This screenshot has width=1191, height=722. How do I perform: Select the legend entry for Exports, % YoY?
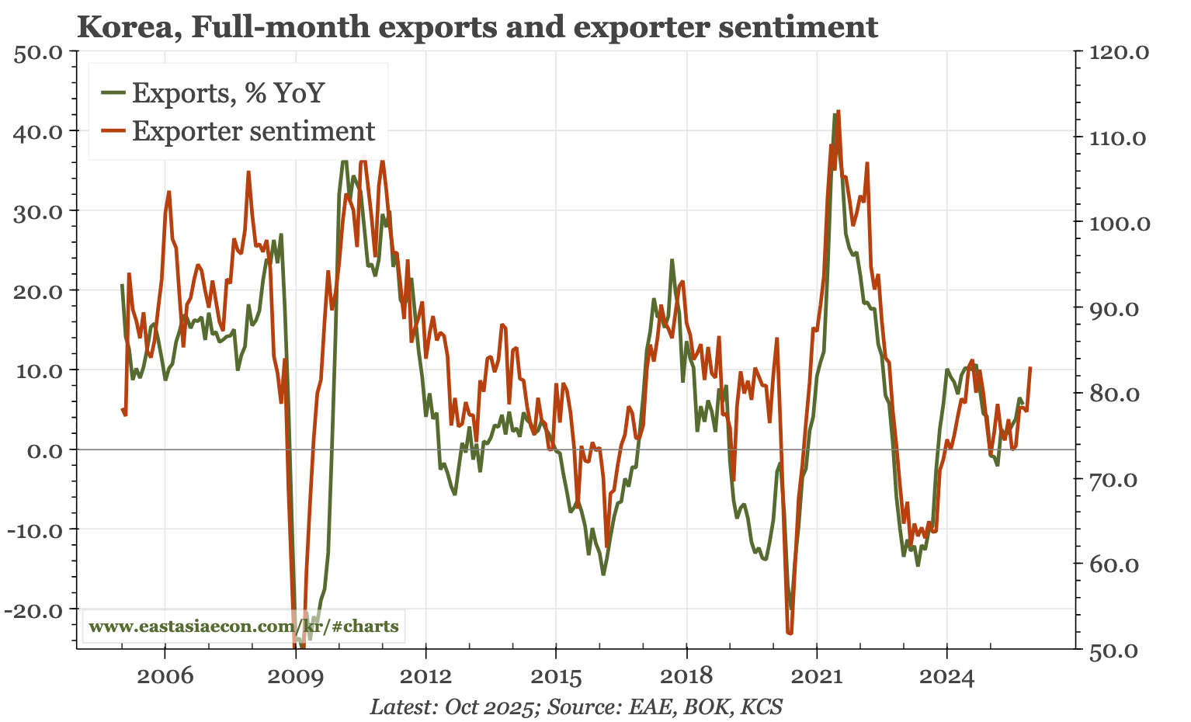(x=227, y=93)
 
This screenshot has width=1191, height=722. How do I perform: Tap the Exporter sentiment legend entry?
(x=253, y=131)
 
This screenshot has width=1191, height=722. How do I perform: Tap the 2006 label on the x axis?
(x=165, y=676)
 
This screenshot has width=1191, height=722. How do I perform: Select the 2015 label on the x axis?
(x=555, y=676)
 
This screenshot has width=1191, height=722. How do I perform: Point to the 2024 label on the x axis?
(x=946, y=676)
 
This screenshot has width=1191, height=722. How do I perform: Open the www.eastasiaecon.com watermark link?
(x=244, y=626)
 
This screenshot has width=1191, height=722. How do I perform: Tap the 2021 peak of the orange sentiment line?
(x=839, y=111)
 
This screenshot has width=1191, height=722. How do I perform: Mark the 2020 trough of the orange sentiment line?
(x=790, y=633)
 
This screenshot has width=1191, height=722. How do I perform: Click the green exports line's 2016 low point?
(x=603, y=574)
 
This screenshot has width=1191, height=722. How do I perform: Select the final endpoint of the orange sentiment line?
(x=1030, y=367)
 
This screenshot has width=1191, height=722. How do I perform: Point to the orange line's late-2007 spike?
(x=248, y=172)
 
